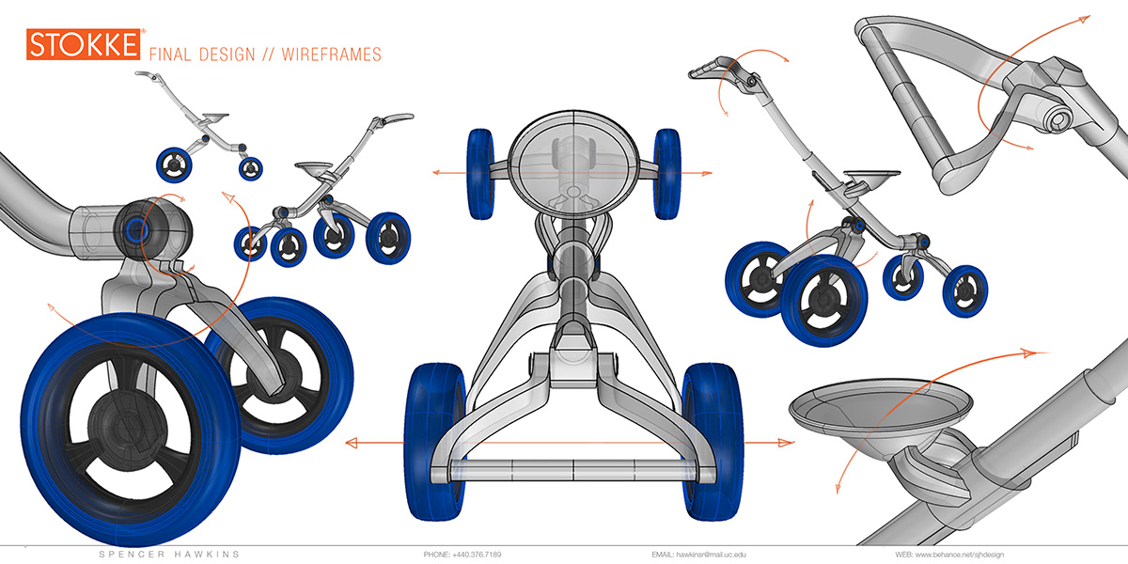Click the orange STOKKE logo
tap(85, 45)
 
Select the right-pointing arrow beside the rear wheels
tap(786, 443)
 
